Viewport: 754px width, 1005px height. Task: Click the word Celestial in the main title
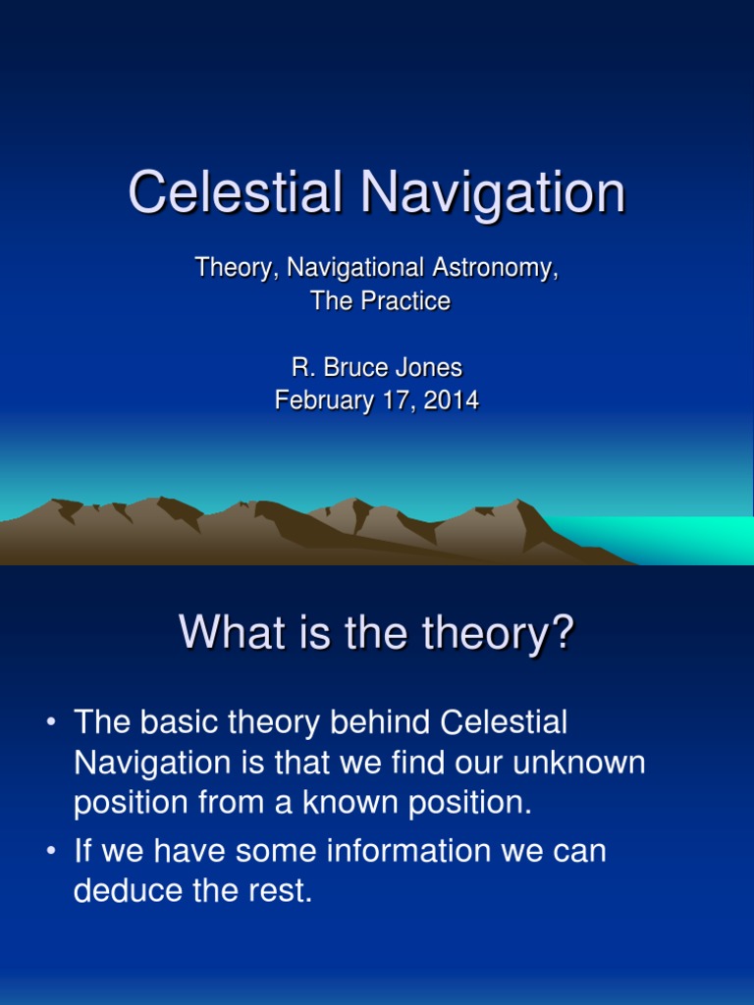[x=235, y=191]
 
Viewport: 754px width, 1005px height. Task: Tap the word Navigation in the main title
[x=493, y=193]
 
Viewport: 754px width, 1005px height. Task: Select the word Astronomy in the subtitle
[x=495, y=268]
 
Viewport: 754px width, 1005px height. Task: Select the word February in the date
[x=325, y=400]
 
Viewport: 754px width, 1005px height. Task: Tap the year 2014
[x=452, y=400]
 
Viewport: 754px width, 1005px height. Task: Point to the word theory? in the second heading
[x=498, y=633]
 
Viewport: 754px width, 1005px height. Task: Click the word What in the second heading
[x=232, y=632]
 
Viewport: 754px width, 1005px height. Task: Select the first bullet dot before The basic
[x=51, y=722]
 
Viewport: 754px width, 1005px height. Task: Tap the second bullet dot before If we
[x=51, y=851]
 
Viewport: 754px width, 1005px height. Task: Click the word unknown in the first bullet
[x=579, y=762]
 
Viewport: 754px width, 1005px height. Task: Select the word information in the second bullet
[x=409, y=851]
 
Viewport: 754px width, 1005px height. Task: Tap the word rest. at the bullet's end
[x=281, y=891]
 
